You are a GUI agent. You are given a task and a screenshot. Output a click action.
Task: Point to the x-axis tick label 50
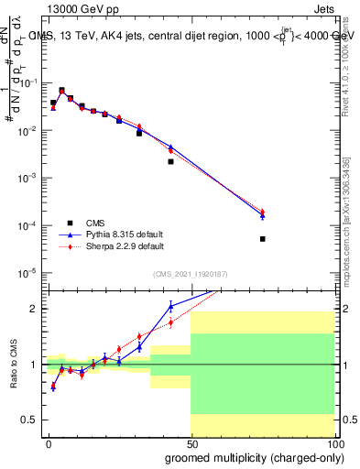(191, 443)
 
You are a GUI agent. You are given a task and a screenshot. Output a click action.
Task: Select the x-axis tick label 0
(48, 443)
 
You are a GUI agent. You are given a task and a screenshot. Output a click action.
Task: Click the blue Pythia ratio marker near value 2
(170, 307)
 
